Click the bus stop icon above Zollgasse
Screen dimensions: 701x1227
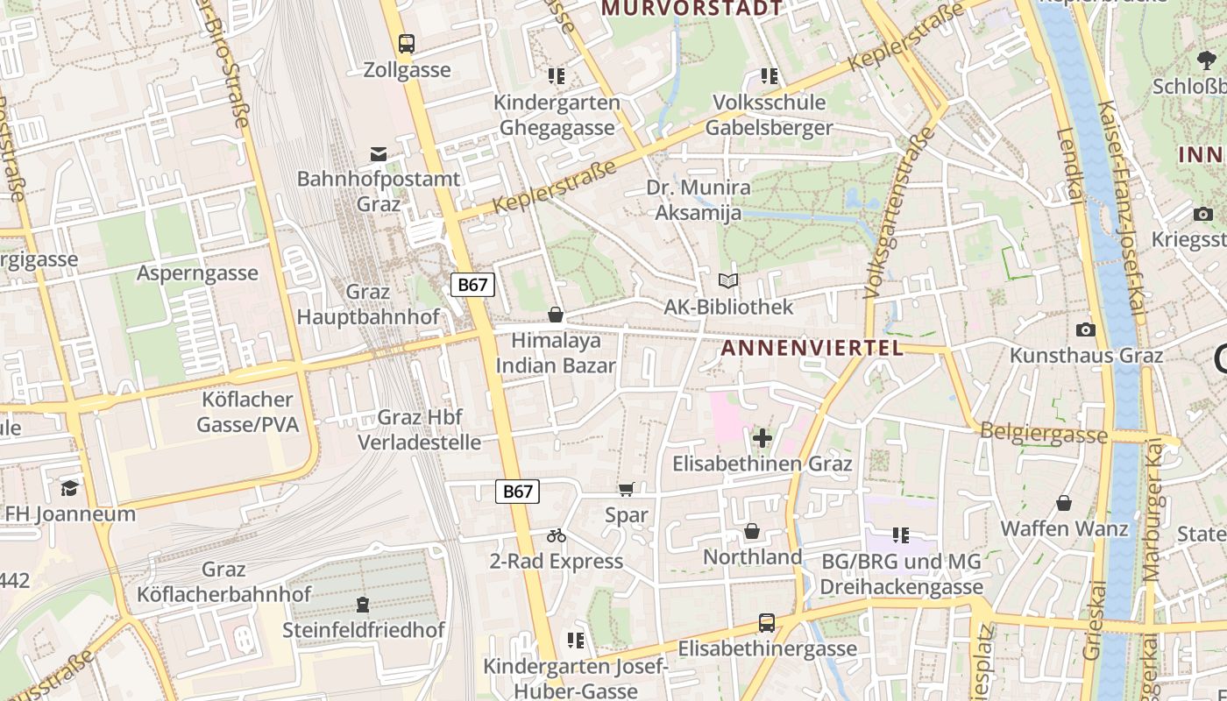(x=406, y=44)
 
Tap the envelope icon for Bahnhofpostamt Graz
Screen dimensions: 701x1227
(x=378, y=154)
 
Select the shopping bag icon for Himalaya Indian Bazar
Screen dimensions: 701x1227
(x=555, y=315)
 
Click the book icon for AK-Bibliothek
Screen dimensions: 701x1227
(x=727, y=281)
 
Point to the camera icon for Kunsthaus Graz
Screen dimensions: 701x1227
(x=1086, y=329)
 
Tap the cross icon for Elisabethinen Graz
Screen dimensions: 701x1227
(x=762, y=437)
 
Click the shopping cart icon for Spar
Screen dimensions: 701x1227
(x=626, y=490)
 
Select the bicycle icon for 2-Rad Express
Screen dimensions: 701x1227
(x=557, y=535)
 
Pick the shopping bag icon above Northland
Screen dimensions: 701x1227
(x=751, y=531)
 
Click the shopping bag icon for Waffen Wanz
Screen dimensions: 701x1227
(x=1063, y=503)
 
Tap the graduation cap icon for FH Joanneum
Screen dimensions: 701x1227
(x=69, y=488)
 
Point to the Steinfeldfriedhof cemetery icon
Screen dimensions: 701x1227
(x=362, y=605)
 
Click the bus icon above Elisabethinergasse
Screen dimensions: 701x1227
(x=767, y=623)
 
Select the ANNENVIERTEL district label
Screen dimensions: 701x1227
(x=812, y=349)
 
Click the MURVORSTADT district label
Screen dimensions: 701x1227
(x=692, y=9)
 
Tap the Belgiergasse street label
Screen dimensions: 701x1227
(x=1043, y=433)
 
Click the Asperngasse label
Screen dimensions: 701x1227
(x=197, y=273)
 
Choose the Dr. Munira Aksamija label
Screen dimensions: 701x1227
(x=699, y=200)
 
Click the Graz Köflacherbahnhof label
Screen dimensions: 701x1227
(x=223, y=582)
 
